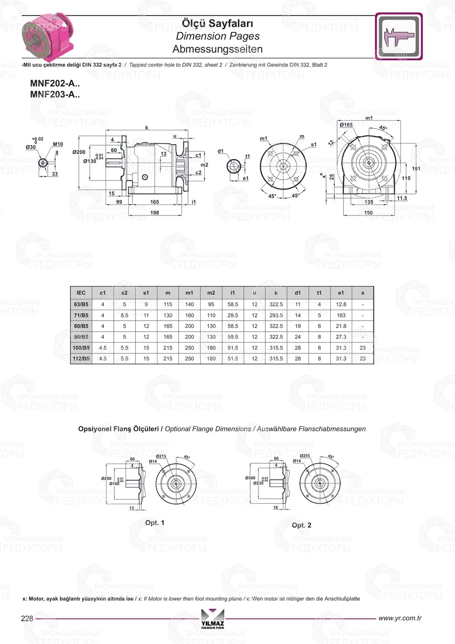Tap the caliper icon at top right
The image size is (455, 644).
point(399,36)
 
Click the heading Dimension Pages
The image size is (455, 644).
point(217,36)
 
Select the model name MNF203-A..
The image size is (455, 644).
point(55,95)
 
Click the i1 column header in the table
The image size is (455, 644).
point(233,293)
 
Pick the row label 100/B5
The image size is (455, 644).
point(81,348)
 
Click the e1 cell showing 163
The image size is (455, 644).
point(341,315)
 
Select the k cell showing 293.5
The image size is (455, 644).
point(276,315)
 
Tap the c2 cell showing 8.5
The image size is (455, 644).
point(124,315)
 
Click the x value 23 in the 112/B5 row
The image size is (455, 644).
point(362,359)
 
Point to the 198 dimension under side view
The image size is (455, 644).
point(155,213)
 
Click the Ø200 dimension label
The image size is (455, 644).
point(79,152)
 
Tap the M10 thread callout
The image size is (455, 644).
point(58,144)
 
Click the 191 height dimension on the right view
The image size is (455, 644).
point(416,169)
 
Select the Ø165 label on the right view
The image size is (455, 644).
point(346,125)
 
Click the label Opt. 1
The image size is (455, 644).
point(155,523)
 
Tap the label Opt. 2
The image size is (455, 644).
point(301,525)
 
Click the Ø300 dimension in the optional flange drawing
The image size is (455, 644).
point(250,478)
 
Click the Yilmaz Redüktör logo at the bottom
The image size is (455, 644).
point(212,619)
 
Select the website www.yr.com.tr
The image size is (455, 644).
point(399,618)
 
